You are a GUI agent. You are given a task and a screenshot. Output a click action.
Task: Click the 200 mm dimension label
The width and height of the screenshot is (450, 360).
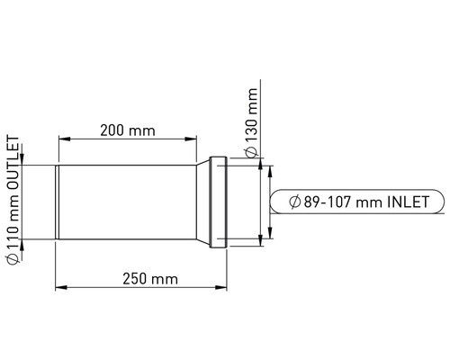[128, 130]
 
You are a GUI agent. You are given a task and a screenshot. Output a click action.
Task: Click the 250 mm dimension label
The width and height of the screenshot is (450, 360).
[150, 279]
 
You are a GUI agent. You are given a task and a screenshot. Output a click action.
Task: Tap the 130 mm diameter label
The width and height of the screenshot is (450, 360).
[251, 115]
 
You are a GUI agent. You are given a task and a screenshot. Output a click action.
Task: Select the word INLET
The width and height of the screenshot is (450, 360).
[408, 202]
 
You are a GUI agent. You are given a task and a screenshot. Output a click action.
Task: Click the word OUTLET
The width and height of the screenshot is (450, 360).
[13, 163]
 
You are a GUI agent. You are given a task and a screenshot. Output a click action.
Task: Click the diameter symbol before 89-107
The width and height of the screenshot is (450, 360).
[295, 202]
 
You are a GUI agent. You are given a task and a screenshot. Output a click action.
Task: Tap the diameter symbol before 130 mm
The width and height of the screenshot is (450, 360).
[251, 152]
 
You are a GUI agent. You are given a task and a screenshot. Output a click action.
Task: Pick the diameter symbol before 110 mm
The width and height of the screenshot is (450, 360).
[13, 258]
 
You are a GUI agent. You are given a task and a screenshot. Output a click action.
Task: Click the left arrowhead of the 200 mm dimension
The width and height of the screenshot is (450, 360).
[64, 139]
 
